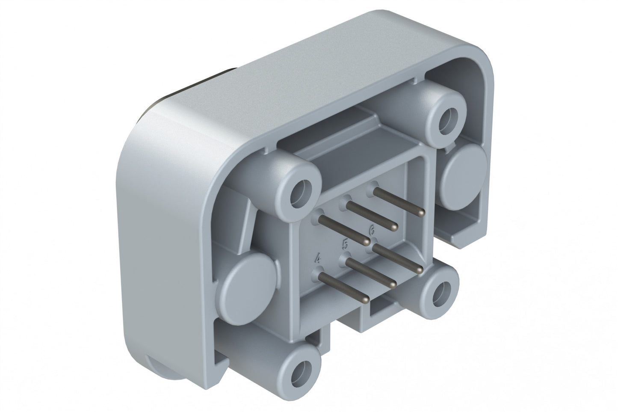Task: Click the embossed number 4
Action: coord(318,258)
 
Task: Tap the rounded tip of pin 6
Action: coord(420,270)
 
